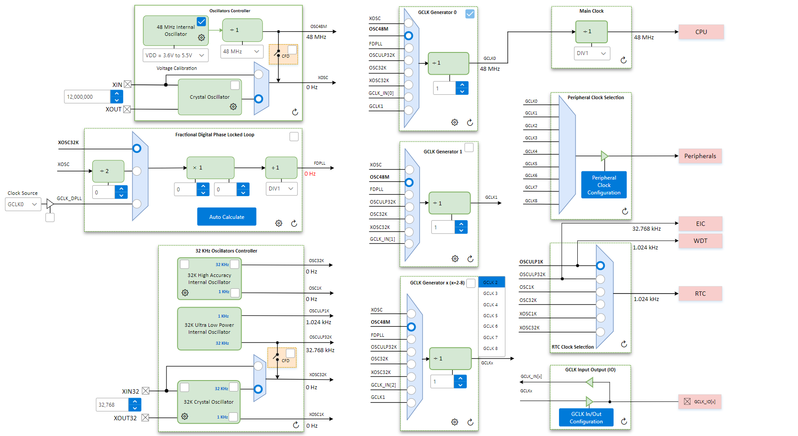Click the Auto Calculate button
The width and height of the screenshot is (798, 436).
[x=226, y=217]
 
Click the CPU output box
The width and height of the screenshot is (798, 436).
[x=701, y=32]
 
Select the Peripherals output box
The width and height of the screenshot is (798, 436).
[x=700, y=156]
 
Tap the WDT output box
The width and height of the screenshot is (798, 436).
[x=700, y=241]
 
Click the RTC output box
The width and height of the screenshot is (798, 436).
[x=700, y=294]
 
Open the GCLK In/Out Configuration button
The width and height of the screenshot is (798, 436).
[x=586, y=418]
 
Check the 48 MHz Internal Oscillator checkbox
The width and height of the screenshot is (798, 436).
[x=201, y=21]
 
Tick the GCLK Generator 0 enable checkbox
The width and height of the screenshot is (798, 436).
[x=470, y=14]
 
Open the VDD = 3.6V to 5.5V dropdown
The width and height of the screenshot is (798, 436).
[x=175, y=55]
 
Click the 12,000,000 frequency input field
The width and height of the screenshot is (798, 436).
[x=87, y=97]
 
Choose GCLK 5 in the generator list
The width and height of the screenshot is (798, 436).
[x=490, y=315]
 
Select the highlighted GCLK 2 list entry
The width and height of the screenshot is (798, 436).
[x=491, y=282]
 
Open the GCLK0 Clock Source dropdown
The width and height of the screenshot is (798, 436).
[x=23, y=204]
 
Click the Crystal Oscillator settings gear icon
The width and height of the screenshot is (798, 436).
[x=233, y=107]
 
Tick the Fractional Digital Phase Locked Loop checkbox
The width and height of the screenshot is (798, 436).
[x=294, y=137]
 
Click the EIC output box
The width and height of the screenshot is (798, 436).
[x=700, y=224]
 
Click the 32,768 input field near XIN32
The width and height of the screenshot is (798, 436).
[x=112, y=405]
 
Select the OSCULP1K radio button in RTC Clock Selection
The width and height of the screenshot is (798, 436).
[x=600, y=266]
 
